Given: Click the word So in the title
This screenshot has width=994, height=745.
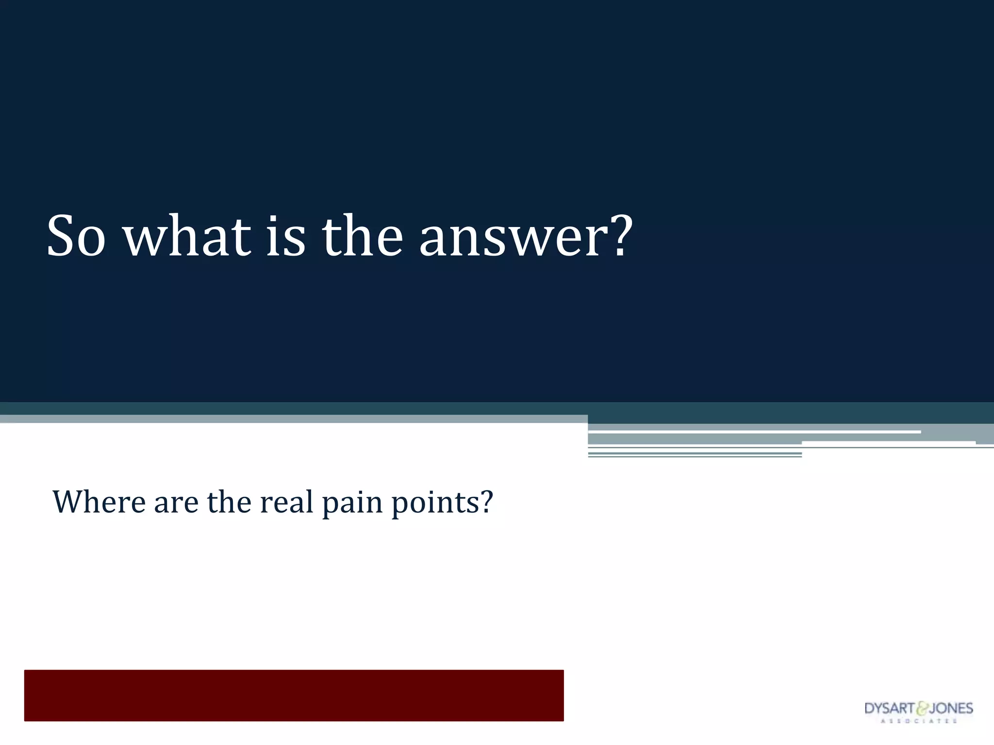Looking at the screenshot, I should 76,236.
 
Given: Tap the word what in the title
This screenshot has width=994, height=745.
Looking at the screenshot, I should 187,236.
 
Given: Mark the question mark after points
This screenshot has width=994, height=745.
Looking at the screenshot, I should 485,502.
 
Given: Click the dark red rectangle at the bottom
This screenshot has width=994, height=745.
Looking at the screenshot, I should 294,695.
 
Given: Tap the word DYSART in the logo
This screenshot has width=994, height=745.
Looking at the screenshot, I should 889,709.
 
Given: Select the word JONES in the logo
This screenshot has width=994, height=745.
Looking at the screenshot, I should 950,709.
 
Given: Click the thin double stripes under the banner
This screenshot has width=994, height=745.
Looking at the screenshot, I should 694,454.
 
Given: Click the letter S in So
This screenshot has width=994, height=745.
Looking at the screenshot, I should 61,236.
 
